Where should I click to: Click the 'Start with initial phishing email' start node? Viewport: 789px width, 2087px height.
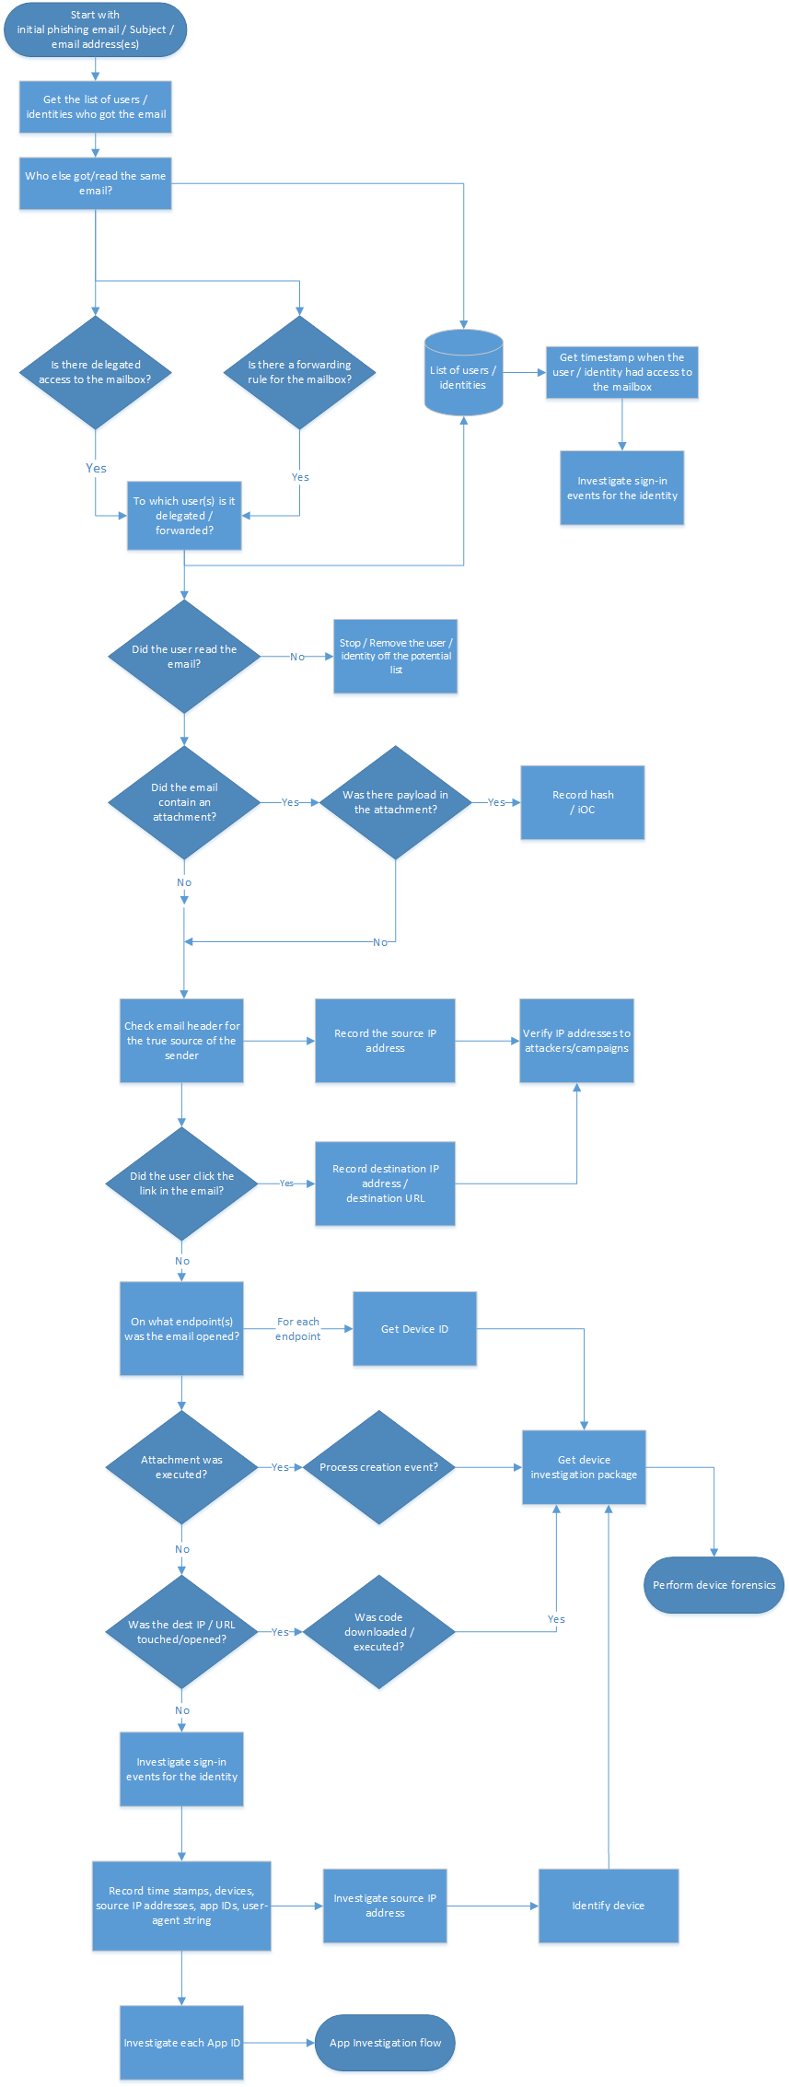click(95, 29)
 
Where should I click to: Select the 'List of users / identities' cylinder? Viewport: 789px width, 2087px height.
click(463, 373)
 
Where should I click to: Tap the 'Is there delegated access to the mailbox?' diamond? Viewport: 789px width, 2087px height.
click(95, 372)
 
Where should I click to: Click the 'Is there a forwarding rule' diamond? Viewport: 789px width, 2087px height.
click(299, 372)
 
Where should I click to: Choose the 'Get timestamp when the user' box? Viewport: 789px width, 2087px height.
click(621, 372)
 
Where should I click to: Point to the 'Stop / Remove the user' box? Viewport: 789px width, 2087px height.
click(395, 656)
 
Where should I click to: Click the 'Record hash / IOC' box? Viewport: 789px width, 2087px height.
click(582, 802)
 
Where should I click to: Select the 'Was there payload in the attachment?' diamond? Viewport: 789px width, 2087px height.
click(395, 802)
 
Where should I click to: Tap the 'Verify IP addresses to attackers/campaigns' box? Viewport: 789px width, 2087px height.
click(576, 1041)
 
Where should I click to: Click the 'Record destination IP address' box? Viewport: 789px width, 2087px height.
click(385, 1183)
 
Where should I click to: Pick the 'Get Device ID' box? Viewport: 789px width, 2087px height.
click(414, 1329)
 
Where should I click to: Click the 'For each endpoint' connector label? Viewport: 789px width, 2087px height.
click(298, 1329)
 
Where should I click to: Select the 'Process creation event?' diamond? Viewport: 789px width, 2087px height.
click(378, 1467)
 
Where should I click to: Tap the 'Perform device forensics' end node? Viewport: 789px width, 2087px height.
click(714, 1585)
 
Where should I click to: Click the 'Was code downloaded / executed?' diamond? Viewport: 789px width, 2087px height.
click(378, 1632)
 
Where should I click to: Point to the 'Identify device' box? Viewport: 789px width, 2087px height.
click(608, 1906)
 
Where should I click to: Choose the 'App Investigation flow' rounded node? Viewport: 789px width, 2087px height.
click(385, 2043)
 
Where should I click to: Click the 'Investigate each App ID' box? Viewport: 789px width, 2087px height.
click(181, 2043)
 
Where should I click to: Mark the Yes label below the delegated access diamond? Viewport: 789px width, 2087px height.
click(96, 468)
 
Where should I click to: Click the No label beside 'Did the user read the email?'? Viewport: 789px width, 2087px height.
click(296, 657)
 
